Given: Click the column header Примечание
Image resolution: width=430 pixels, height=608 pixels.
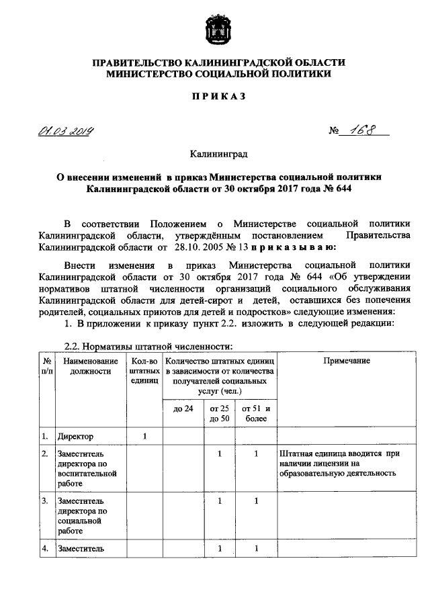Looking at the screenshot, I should pos(347,361).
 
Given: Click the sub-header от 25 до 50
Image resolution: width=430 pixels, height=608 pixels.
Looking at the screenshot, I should pos(219,414).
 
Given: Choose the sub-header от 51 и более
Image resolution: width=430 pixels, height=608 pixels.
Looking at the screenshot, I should pos(256,414).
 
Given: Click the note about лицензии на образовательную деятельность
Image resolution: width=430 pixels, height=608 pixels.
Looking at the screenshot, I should pos(341,464).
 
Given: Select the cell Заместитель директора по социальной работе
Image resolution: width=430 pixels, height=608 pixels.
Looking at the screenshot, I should pos(83,516).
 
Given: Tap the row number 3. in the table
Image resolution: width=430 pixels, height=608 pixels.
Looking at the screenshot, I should pos(46,501).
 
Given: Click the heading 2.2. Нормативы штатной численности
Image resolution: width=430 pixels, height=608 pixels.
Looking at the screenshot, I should pos(148,347).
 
